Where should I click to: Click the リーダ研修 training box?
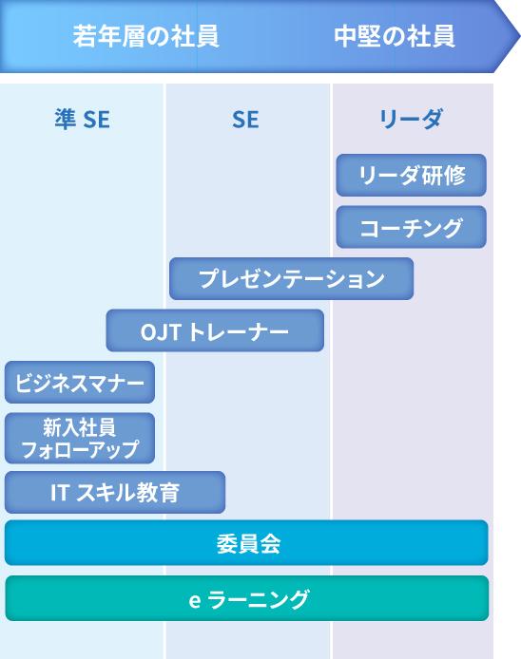[411, 175]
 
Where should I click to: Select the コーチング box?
[411, 227]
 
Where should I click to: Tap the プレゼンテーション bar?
[291, 278]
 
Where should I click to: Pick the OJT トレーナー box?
[215, 330]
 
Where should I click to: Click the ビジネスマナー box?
[80, 382]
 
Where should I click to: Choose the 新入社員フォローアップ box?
[80, 438]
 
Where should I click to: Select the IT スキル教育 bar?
[115, 492]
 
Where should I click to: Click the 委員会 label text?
[248, 543]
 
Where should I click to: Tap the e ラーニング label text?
[249, 599]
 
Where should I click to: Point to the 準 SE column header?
[83, 119]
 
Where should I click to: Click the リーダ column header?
[411, 119]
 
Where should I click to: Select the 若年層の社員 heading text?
[146, 36]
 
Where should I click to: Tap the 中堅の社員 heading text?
[395, 36]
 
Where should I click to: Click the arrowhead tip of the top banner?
[520, 36]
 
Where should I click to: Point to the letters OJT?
[161, 332]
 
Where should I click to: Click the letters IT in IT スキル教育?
[59, 493]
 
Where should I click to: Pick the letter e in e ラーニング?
[195, 600]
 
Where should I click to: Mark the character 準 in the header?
[66, 119]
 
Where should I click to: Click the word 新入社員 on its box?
[79, 427]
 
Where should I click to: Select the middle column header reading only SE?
[246, 120]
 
